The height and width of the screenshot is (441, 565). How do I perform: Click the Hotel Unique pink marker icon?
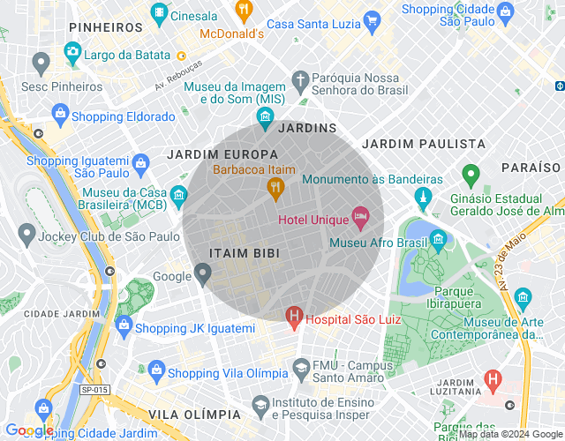point(360,215)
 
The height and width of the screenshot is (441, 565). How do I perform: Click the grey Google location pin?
point(203,275)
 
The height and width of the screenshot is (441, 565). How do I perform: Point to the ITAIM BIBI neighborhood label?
point(245,253)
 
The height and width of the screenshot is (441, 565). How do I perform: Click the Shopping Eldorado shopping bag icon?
point(60,113)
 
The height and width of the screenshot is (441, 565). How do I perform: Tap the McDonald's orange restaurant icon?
point(244,11)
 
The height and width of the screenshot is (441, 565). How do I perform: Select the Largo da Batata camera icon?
point(72,54)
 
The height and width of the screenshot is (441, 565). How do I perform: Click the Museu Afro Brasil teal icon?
point(438,239)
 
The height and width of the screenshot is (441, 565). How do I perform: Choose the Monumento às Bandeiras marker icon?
point(426,195)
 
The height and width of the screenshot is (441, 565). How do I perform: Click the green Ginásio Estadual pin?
point(471,174)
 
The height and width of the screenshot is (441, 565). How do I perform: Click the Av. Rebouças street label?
point(178,75)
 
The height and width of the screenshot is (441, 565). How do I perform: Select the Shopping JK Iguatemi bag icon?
point(124,325)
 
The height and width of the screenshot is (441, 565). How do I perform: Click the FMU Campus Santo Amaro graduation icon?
point(301,367)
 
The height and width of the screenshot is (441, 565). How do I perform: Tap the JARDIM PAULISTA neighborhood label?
point(424,143)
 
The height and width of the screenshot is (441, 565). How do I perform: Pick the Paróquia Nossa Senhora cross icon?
point(301,80)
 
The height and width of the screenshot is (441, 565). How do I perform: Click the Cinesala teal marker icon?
point(159,13)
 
